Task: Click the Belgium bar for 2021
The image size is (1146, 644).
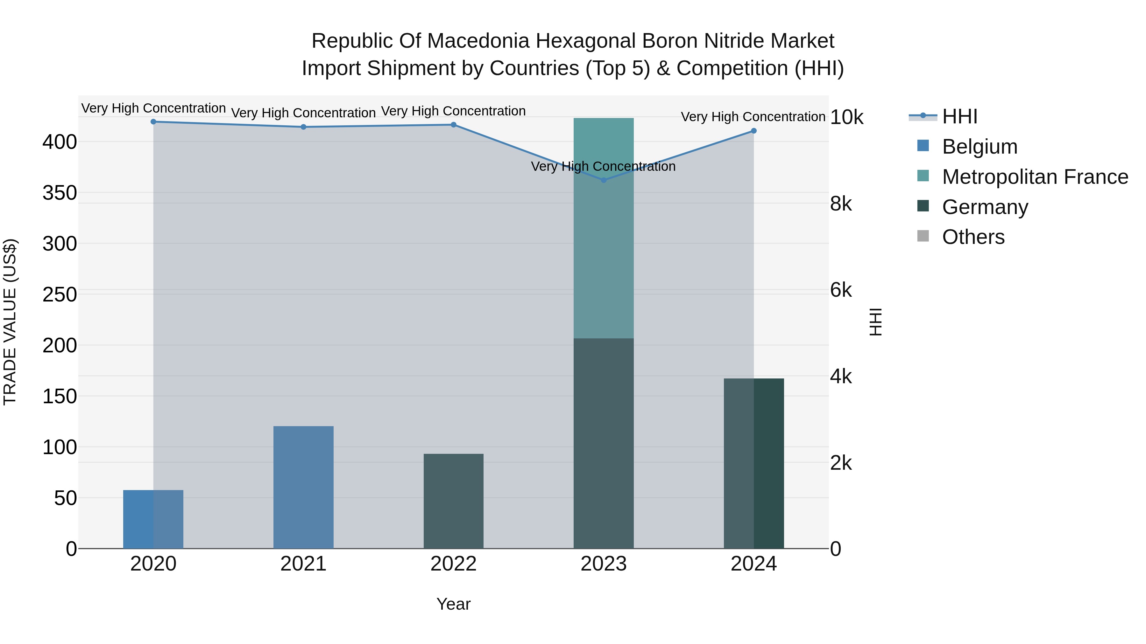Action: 303,487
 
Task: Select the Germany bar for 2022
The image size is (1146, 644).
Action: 453,501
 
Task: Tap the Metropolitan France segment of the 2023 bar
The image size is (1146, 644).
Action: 603,228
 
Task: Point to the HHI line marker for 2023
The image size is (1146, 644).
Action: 603,180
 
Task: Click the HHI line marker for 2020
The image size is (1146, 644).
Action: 153,122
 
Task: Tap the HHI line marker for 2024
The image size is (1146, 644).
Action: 753,131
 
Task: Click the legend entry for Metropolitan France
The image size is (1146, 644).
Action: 1035,177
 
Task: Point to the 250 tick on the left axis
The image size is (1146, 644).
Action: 60,295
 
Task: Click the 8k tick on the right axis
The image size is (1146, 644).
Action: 841,204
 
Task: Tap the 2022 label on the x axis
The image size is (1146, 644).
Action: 453,564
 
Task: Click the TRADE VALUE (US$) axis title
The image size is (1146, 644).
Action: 10,322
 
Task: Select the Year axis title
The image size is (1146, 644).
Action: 453,604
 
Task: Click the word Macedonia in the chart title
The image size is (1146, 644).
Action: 478,41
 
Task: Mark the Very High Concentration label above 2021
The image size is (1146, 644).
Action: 303,113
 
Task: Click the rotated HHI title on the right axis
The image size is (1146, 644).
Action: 875,322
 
